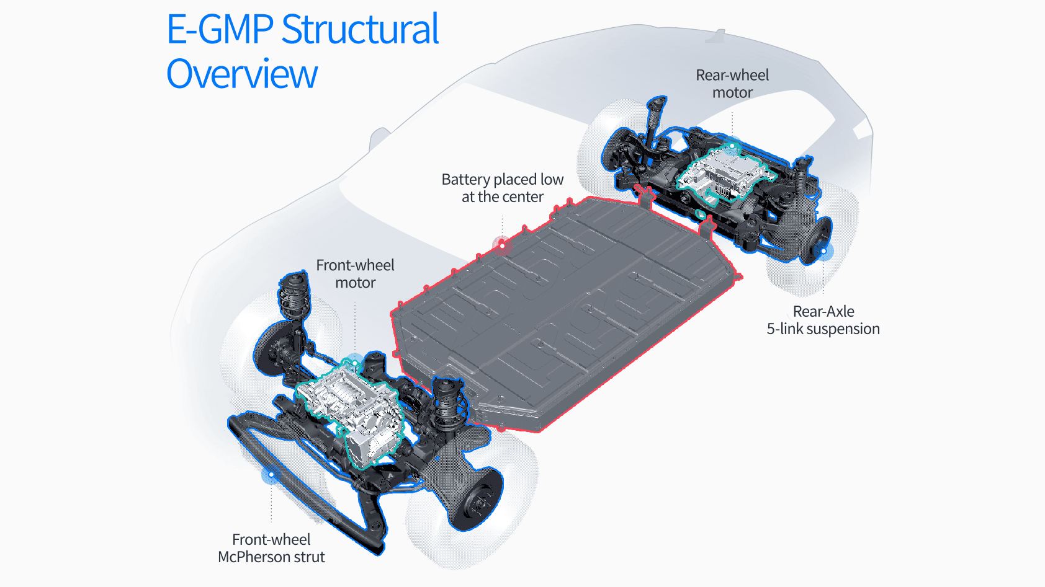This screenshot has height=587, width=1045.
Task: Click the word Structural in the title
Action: click(360, 29)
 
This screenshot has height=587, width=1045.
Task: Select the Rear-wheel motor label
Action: click(732, 84)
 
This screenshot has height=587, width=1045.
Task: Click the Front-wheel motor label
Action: click(355, 274)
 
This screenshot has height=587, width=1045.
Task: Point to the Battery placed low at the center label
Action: click(503, 188)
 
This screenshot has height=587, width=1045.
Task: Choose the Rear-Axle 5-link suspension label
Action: click(823, 320)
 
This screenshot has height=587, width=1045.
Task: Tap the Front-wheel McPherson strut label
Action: click(271, 548)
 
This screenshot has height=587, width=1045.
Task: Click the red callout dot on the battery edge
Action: click(502, 245)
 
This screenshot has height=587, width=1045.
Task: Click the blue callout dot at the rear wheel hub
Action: click(823, 251)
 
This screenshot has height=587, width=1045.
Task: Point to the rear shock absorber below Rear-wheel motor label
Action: click(654, 121)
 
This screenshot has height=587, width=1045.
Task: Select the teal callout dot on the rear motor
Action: click(732, 147)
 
